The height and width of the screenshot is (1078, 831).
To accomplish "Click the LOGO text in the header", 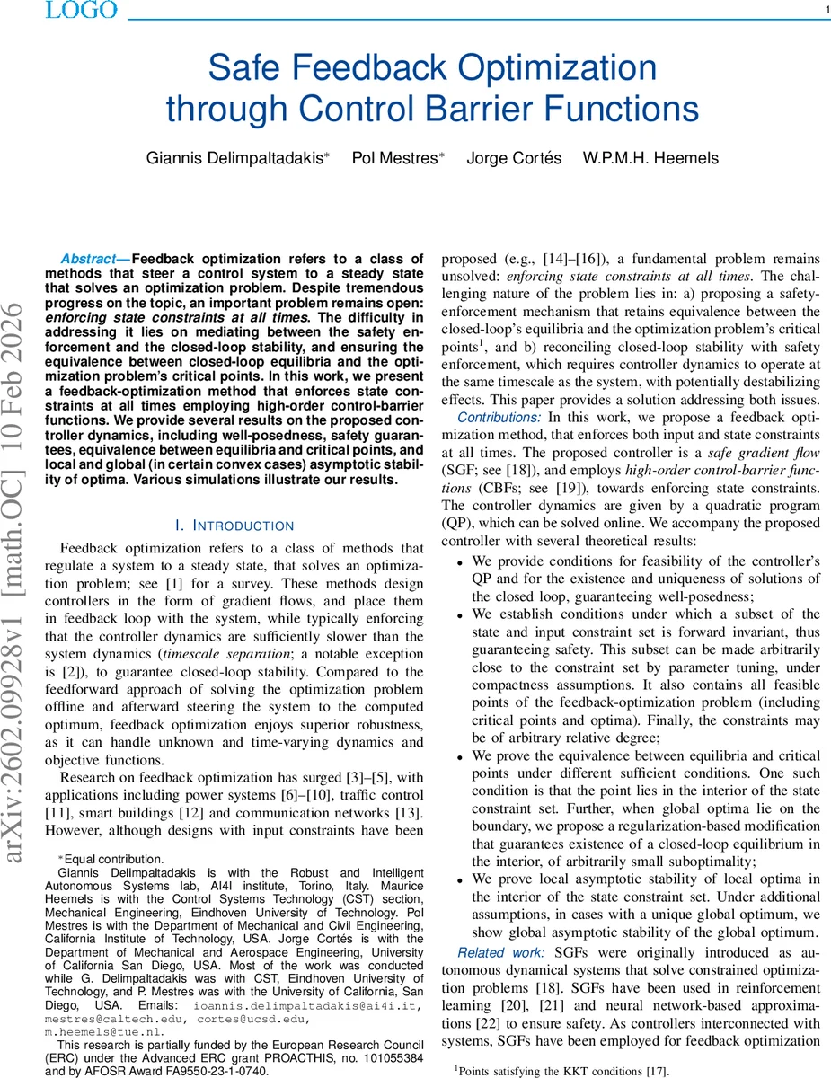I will click(80, 11).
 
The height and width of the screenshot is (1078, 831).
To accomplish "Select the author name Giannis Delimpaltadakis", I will click(237, 158).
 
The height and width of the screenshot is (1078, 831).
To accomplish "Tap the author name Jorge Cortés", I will click(514, 158).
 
